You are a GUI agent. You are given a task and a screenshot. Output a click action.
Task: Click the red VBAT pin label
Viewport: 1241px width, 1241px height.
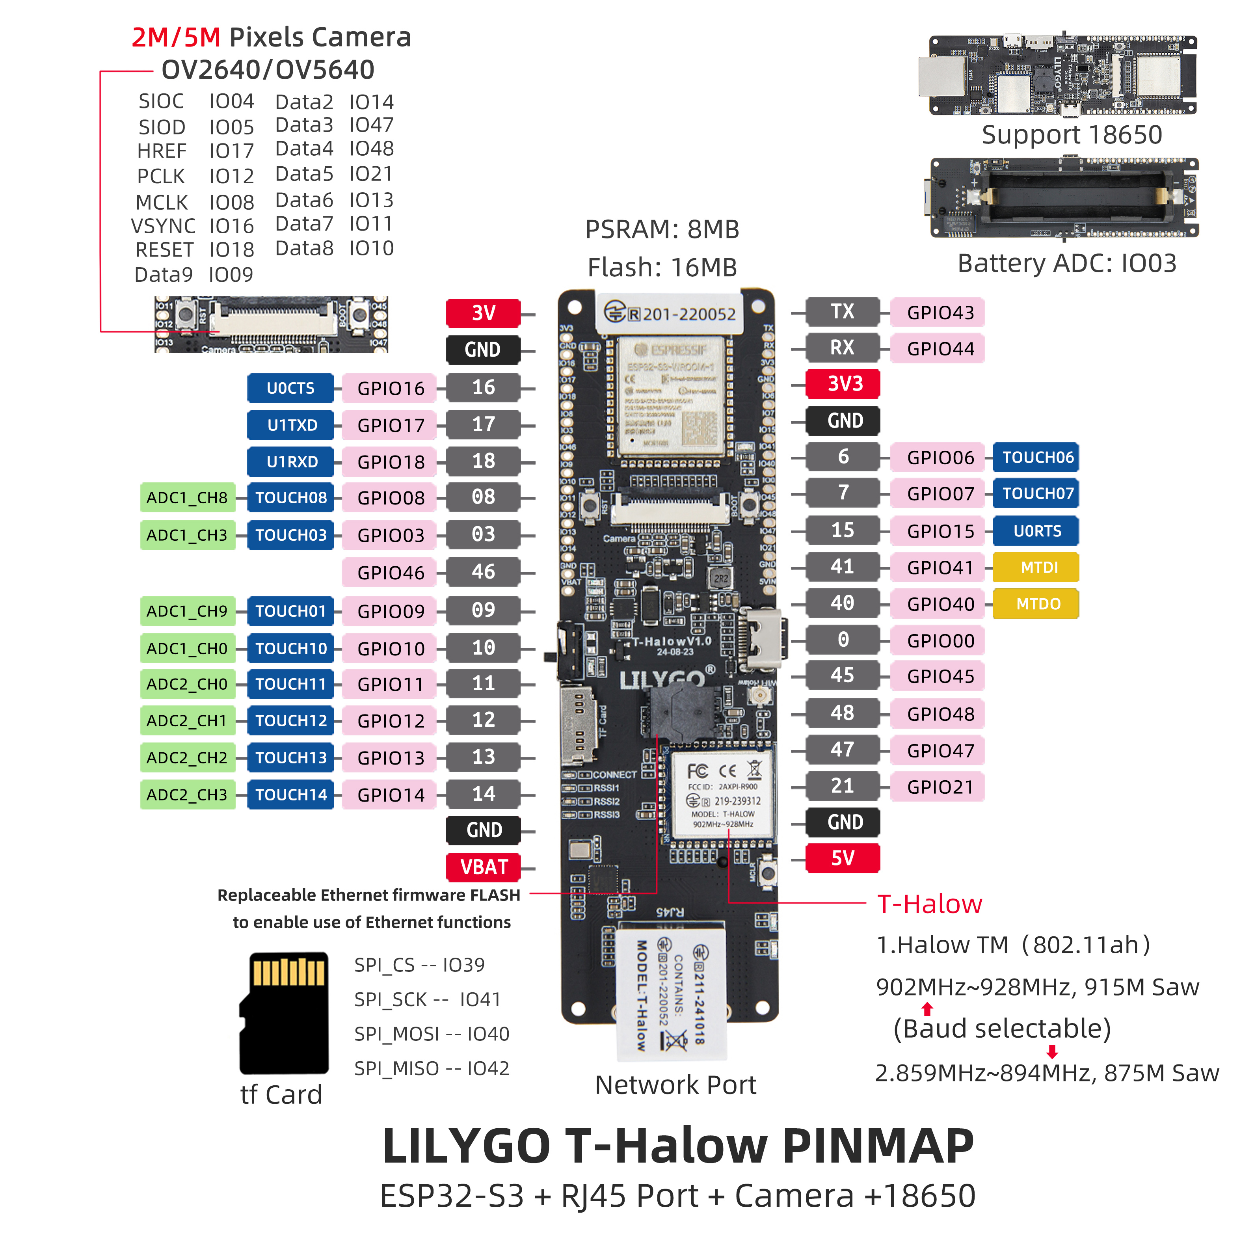(483, 867)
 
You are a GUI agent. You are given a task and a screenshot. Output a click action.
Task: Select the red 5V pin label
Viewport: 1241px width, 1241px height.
(842, 858)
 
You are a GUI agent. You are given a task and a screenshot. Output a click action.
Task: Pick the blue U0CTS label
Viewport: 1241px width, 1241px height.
(290, 388)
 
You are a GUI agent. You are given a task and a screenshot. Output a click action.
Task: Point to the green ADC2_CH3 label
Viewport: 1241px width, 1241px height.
(187, 794)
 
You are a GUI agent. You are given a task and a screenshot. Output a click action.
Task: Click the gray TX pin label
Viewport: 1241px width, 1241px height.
(842, 312)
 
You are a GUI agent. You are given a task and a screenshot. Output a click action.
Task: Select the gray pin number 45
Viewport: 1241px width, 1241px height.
(842, 675)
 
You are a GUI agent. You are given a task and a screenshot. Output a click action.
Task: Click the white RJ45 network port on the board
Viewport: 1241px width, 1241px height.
(671, 989)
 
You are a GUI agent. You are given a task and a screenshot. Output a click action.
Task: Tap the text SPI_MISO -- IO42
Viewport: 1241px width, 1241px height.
(431, 1068)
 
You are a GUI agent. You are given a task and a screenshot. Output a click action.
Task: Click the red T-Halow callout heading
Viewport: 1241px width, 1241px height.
(929, 904)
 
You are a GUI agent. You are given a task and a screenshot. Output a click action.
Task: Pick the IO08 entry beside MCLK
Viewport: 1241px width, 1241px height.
(231, 202)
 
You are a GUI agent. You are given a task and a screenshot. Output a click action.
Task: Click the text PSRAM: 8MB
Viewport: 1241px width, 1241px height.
(662, 229)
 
